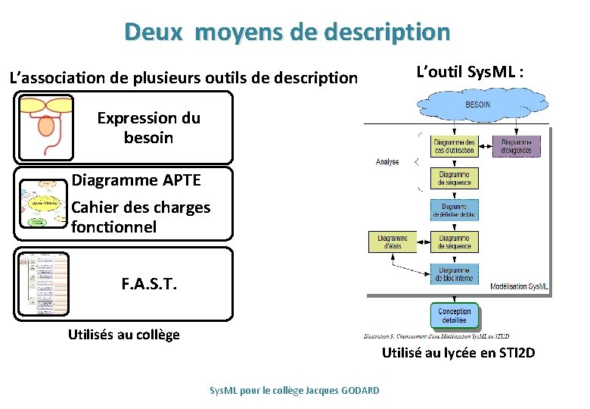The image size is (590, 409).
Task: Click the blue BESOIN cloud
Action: coord(477,105)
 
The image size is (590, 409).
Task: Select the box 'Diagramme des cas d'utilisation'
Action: coord(454,146)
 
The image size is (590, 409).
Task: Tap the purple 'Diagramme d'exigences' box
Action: coord(517,146)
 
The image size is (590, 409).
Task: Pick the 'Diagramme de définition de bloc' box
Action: coord(454,211)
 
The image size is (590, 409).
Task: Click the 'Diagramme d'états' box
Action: coord(392,242)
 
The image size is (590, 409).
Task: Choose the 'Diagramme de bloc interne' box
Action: coord(454,274)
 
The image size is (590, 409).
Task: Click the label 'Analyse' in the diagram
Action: coord(387,161)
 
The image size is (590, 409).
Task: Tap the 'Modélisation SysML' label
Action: coord(519,286)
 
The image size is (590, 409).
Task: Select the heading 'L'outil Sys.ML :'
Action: coord(470,72)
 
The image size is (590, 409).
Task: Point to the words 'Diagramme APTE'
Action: coord(136,180)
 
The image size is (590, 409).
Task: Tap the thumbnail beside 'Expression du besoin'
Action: coord(45,127)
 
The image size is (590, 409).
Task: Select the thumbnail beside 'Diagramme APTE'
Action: coord(43,204)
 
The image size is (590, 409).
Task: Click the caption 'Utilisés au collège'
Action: coord(124,335)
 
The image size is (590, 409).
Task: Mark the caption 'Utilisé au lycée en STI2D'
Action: coord(458,352)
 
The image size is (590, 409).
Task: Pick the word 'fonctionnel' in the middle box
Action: coord(113,226)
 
